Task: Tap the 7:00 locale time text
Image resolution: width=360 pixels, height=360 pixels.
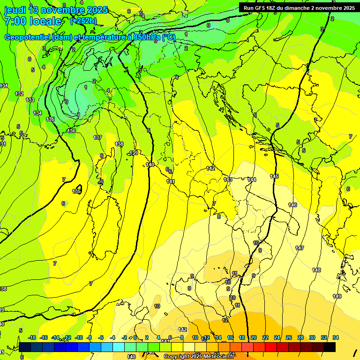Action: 33,21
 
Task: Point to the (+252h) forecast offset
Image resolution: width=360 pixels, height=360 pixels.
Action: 83,21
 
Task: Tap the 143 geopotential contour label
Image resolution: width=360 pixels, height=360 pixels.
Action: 228,180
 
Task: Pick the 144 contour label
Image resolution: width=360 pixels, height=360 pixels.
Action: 252,180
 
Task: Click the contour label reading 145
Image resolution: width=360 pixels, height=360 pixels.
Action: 274,176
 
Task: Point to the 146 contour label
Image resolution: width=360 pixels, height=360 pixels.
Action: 292,205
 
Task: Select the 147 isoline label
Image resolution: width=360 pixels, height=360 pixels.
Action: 300,247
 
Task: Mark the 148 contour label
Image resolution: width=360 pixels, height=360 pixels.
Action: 316,270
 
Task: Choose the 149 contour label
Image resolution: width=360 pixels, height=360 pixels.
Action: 337,296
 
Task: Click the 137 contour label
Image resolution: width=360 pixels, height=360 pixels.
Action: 97,137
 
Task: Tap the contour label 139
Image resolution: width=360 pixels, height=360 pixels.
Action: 134,153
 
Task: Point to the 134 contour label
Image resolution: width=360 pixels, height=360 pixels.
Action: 37,113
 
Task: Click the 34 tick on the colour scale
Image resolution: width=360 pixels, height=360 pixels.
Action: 336,338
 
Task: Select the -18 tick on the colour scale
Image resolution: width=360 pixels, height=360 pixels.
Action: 32,338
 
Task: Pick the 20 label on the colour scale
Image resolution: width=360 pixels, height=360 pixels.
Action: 254,338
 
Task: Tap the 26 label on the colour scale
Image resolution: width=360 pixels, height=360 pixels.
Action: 289,338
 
